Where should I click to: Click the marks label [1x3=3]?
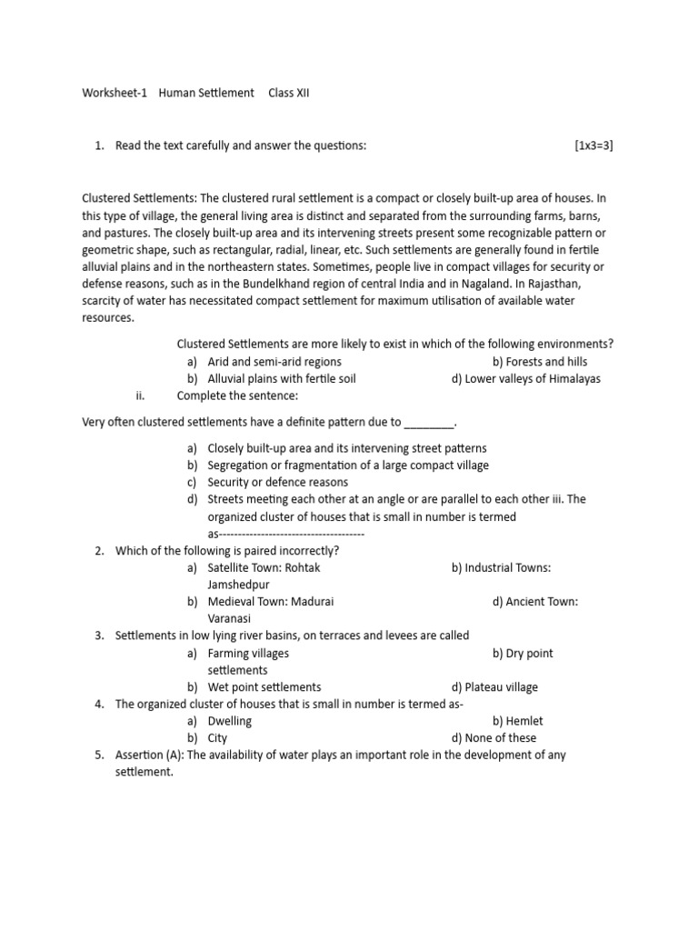click(x=593, y=145)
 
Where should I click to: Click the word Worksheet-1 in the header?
click(x=115, y=94)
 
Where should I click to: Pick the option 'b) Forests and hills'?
click(x=540, y=362)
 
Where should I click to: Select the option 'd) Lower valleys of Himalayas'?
click(x=525, y=379)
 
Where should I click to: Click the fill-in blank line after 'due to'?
click(x=427, y=423)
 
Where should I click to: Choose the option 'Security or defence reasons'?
click(x=277, y=483)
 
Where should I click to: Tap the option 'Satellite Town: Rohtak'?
click(x=264, y=568)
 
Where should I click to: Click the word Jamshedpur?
click(x=239, y=585)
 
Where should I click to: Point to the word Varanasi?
click(x=229, y=618)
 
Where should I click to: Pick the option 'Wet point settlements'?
click(x=264, y=687)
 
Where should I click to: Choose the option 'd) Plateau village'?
click(x=494, y=687)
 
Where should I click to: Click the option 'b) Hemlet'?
click(x=518, y=721)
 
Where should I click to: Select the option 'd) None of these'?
click(x=494, y=738)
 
